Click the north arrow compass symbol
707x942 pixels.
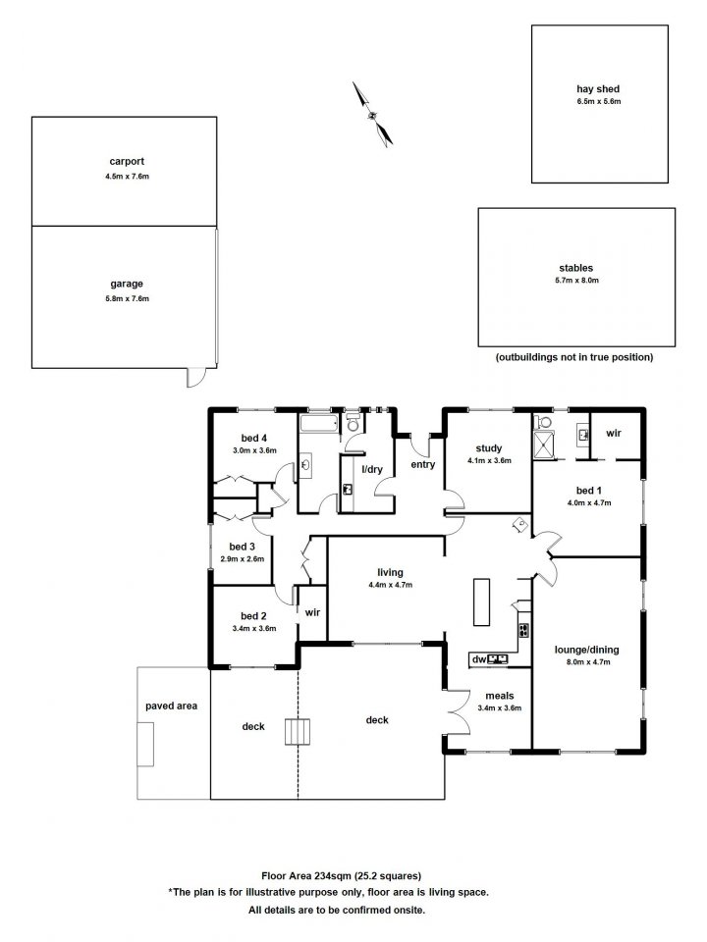[x=373, y=114]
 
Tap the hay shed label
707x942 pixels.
[x=598, y=89]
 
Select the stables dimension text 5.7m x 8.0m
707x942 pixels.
[x=577, y=280]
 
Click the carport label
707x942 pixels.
[x=127, y=162]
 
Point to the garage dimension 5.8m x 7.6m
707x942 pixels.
[x=127, y=298]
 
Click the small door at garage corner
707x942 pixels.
[x=196, y=377]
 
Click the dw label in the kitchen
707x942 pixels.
[x=479, y=659]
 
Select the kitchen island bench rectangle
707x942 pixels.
[x=481, y=602]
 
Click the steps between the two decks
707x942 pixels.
[x=299, y=731]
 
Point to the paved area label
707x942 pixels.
[x=171, y=706]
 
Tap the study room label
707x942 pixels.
[x=489, y=448]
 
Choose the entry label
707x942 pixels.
[x=423, y=464]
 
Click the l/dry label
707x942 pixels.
[x=372, y=469]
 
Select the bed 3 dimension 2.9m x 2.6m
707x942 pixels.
[x=243, y=558]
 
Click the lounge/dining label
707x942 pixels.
[x=587, y=650]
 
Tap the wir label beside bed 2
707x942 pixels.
[x=312, y=612]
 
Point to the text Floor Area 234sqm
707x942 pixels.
[x=305, y=876]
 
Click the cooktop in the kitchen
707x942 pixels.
[x=523, y=630]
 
